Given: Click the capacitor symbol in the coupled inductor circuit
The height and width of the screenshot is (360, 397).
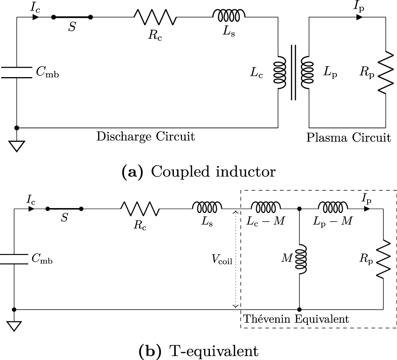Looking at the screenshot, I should [16, 72].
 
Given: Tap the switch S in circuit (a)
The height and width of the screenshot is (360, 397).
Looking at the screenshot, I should [72, 17].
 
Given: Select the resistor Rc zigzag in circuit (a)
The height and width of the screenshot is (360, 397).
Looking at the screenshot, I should [155, 17].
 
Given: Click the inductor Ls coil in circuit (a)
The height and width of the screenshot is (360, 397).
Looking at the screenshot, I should [229, 15].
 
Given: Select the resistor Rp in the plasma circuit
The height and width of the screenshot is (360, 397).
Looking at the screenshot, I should [385, 72].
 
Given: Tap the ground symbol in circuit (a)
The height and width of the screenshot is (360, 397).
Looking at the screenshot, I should [16, 146].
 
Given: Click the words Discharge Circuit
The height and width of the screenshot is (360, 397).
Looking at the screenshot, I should [145, 137].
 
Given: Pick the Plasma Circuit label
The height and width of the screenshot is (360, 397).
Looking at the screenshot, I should [348, 138].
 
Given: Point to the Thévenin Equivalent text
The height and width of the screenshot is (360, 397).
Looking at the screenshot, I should [296, 319].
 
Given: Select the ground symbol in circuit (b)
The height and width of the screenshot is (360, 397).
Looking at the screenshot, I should [14, 326].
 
